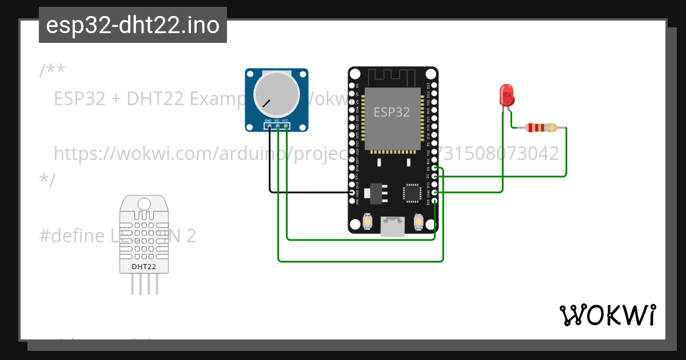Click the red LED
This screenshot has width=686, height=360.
pos(506,95)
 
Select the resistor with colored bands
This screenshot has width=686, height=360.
pos(540,127)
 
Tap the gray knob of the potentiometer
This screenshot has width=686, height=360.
pos(276,95)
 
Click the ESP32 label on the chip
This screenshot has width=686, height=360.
pos(392,112)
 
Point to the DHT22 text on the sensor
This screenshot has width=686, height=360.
pos(143,266)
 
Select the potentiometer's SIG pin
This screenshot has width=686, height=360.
pos(277,126)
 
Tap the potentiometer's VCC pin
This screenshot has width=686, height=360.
pos(285,126)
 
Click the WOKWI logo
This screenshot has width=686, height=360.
pos(607,315)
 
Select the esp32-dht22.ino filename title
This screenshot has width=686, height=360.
pos(133,25)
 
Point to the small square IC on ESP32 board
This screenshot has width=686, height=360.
pos(412,193)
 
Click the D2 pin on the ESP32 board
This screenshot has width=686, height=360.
pos(435,177)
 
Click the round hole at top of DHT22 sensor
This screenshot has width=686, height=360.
pos(144,203)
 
